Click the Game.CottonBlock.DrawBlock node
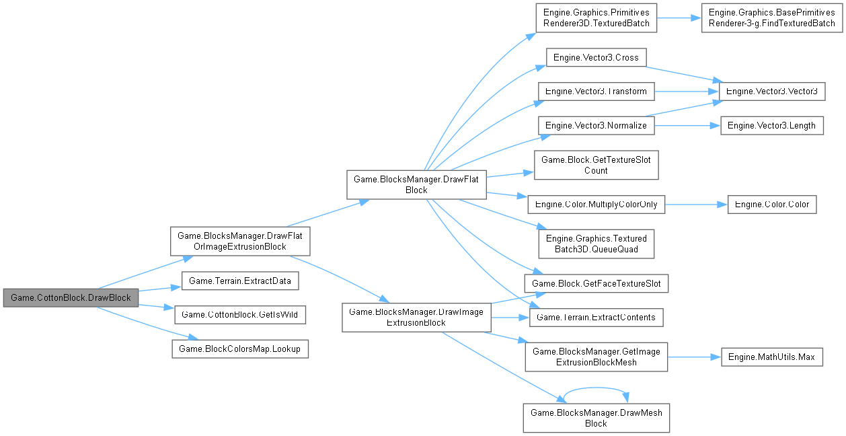71,297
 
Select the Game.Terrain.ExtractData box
240,281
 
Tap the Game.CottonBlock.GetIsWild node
240,314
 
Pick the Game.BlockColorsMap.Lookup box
240,349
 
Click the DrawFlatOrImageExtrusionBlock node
240,241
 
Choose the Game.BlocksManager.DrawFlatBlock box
416,184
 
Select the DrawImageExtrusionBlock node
416,317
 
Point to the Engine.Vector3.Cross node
595,58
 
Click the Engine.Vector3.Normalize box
595,125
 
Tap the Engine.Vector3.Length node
771,125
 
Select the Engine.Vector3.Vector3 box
771,91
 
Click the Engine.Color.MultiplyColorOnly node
596,204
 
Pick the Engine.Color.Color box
771,204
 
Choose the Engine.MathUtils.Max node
771,357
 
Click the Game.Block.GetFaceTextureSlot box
596,283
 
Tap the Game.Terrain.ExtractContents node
596,317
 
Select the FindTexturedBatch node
771,17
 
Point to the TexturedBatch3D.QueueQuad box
596,244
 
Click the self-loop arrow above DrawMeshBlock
596,389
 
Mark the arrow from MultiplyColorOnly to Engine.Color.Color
696,204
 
